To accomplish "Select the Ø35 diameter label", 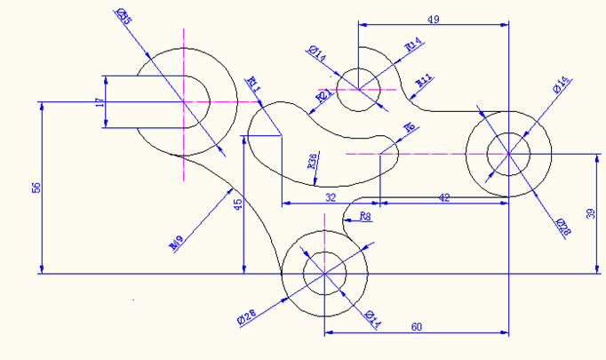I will (x=123, y=15).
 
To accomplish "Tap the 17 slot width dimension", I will (x=100, y=103).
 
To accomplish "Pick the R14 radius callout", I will (x=412, y=44).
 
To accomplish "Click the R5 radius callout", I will (x=410, y=127).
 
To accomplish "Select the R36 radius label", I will (x=312, y=161).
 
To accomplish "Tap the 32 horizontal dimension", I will (x=330, y=197).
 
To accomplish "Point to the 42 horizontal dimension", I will (x=444, y=197).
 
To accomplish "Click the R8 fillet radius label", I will (x=365, y=216).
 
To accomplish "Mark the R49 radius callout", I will (x=176, y=241).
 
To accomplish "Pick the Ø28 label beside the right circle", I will (x=562, y=227).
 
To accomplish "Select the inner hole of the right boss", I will (x=508, y=153).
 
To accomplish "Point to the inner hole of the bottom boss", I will (x=324, y=272).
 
